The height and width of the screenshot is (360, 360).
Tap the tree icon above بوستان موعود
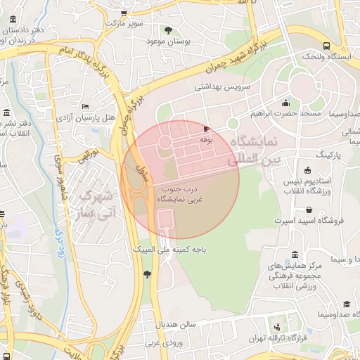(x=167, y=30)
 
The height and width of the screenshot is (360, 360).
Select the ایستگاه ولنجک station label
(x=330, y=56)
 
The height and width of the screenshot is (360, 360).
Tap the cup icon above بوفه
(x=206, y=129)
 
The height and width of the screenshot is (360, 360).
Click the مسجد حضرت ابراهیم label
(x=285, y=113)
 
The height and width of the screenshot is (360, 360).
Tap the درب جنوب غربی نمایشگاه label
(x=183, y=195)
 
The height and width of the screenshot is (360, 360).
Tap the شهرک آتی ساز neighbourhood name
(x=98, y=202)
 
